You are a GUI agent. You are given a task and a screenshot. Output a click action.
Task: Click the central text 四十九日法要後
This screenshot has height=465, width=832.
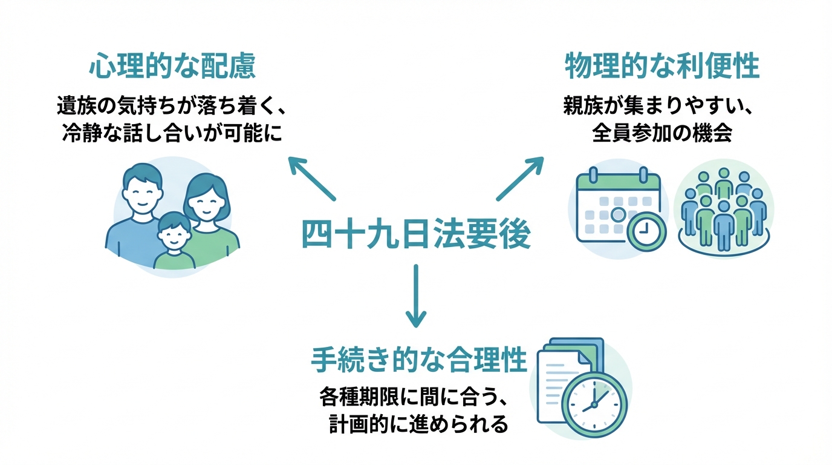tap(415, 235)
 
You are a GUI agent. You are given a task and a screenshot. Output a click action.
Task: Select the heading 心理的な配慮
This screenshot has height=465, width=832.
tap(172, 67)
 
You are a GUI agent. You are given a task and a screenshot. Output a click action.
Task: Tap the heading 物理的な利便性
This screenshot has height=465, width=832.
tap(662, 67)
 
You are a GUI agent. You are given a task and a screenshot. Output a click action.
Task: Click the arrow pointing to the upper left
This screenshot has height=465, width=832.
tap(311, 178)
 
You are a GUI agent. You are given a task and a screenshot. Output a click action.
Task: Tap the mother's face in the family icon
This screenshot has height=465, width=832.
tap(205, 201)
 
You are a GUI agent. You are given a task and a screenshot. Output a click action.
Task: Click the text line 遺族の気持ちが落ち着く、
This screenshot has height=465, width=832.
tap(171, 107)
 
